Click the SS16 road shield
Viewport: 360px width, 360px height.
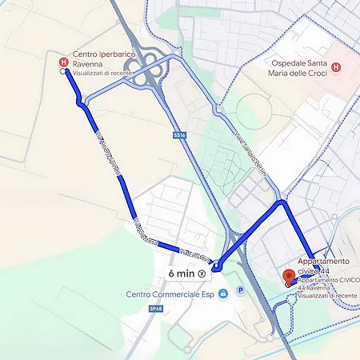(179, 136)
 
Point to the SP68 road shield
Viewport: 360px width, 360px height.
(133, 307)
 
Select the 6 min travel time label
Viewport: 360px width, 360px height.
(181, 273)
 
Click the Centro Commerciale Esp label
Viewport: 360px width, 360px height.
(171, 294)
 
